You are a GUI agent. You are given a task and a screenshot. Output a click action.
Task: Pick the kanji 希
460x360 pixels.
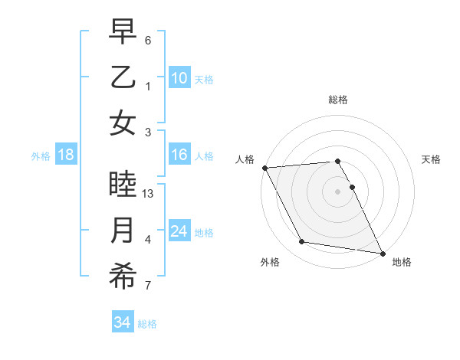pyautogui.click(x=123, y=277)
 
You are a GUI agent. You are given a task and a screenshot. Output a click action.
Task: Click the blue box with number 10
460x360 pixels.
pyautogui.click(x=179, y=78)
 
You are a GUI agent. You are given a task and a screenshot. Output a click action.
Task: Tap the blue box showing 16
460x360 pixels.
pyautogui.click(x=179, y=155)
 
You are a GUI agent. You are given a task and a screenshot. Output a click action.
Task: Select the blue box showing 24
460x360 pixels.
pyautogui.click(x=179, y=231)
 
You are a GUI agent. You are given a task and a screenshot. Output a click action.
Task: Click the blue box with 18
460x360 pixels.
pyautogui.click(x=66, y=155)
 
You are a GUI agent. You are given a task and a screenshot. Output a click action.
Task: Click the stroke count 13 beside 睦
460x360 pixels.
pyautogui.click(x=149, y=194)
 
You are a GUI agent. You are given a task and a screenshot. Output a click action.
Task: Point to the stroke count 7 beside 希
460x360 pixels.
pyautogui.click(x=149, y=286)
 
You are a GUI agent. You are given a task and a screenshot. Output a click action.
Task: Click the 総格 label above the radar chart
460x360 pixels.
pyautogui.click(x=338, y=100)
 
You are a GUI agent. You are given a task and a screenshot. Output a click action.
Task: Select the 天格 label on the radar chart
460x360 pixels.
pyautogui.click(x=432, y=159)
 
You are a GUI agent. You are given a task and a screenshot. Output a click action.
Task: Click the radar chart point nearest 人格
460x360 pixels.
pyautogui.click(x=264, y=168)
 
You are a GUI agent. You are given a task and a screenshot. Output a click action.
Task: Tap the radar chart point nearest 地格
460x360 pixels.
pyautogui.click(x=382, y=253)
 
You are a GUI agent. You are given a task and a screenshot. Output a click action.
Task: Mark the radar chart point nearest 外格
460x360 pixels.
pyautogui.click(x=302, y=242)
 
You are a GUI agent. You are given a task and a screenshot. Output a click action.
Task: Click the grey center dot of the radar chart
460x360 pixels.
pyautogui.click(x=338, y=191)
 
